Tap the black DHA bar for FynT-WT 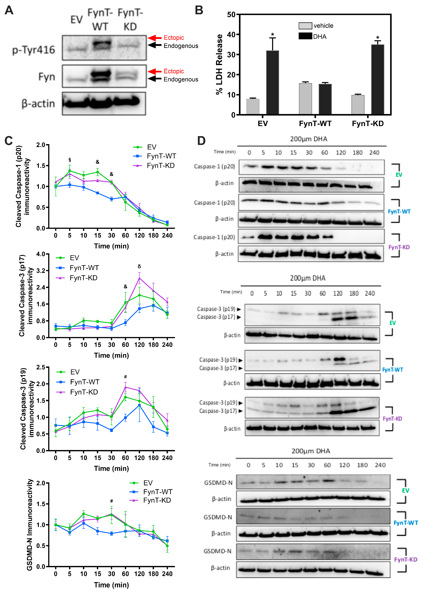325,99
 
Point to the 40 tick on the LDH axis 231,35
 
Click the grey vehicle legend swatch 305,26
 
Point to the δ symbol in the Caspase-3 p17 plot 139,266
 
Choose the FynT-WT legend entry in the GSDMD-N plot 158,492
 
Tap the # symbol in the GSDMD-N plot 111,501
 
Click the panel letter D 201,141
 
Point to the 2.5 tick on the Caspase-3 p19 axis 41,367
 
